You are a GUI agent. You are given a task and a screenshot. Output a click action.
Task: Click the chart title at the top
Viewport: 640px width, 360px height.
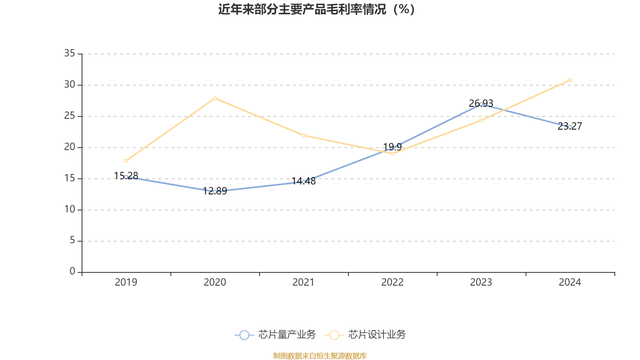[316, 10]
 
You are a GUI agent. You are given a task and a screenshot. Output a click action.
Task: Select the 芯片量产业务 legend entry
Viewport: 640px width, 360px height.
[276, 335]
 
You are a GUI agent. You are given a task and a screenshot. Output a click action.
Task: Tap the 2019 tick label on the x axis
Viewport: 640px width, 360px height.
[126, 282]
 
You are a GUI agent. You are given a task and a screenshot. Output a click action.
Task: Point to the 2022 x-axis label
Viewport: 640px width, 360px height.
[392, 282]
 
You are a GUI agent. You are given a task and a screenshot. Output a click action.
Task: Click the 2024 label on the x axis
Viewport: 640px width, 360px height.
[570, 282]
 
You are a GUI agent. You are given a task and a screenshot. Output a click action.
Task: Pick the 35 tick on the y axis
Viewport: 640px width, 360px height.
[70, 54]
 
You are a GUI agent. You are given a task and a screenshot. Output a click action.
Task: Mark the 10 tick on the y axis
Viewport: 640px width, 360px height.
[70, 210]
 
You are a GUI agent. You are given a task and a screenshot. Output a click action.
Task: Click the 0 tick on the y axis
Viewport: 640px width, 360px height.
[72, 272]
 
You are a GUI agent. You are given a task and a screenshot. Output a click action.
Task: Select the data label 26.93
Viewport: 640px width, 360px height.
[481, 104]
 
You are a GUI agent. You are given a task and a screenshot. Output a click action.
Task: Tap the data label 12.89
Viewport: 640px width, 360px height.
[215, 191]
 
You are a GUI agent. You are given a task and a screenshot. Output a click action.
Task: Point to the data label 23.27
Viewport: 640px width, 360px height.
[570, 126]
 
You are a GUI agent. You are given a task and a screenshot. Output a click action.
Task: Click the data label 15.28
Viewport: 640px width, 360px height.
[126, 176]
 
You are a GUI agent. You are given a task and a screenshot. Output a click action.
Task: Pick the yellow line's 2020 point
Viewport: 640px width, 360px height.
[215, 98]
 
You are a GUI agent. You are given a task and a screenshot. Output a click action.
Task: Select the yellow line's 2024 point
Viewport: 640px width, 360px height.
[570, 80]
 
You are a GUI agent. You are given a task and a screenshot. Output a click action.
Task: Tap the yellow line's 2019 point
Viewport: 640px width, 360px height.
[126, 161]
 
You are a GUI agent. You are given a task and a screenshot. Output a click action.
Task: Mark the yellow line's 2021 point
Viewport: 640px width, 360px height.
[304, 135]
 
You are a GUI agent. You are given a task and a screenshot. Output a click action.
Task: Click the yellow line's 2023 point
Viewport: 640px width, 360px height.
[481, 120]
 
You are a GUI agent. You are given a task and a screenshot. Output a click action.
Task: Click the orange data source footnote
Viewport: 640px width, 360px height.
[320, 356]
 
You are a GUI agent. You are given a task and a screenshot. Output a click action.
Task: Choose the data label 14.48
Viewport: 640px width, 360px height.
[304, 181]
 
